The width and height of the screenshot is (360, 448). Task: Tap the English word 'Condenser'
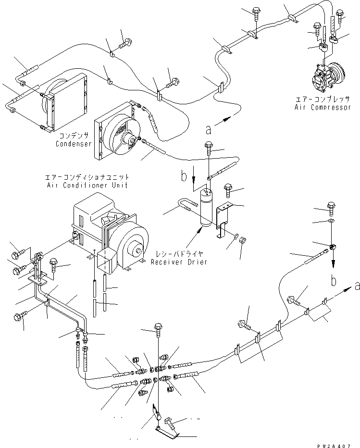click(x=73, y=143)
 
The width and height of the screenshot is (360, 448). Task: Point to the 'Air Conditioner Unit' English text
click(x=91, y=185)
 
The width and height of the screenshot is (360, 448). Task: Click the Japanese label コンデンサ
click(x=73, y=136)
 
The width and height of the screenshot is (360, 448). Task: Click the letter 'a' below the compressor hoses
click(x=208, y=129)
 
